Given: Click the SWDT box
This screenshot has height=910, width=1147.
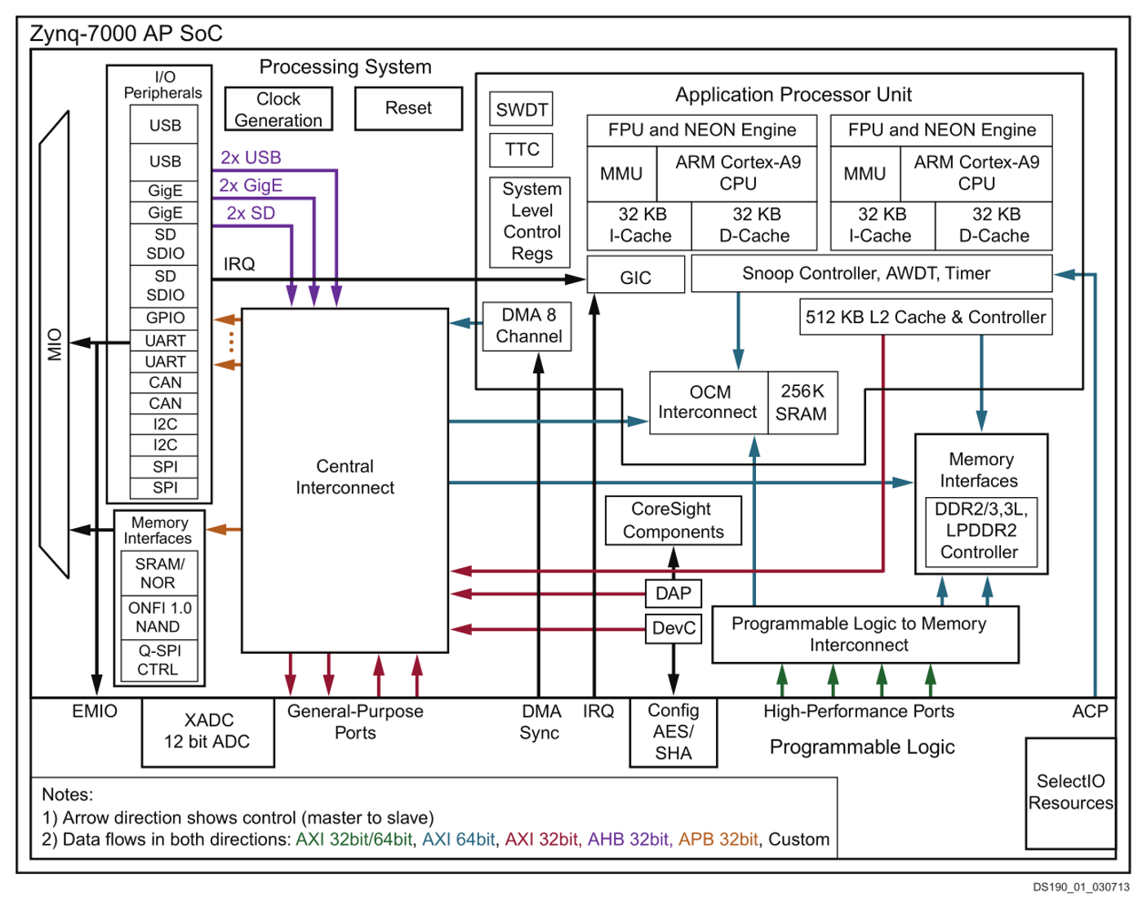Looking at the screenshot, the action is pos(521,109).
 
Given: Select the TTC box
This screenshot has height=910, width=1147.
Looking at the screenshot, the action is pos(521,149).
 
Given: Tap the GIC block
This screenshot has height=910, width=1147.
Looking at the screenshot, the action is pos(635,274).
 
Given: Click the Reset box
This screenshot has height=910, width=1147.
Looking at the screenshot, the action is pos(408,109).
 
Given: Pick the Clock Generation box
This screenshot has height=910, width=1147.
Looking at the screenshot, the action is pos(278,109).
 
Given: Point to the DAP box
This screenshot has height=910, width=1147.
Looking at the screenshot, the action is pos(674,593).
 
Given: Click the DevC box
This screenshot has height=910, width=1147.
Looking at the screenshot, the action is pos(674,628).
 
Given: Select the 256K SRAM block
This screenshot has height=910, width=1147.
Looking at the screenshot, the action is pos(802,403).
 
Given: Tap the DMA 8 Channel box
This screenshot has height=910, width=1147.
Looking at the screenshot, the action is pos(527,326).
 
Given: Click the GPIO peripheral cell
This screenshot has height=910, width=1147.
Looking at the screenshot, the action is pos(164,318).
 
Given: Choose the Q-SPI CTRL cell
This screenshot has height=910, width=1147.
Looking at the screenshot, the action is pos(159,660).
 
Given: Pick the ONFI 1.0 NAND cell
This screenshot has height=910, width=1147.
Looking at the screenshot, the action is pos(159,618).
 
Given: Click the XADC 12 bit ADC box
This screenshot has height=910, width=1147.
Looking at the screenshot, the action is pos(208,732).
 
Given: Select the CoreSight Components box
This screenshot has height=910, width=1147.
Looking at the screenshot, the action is pos(674,521).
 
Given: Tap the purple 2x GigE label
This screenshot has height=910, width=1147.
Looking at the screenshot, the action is pos(251,185).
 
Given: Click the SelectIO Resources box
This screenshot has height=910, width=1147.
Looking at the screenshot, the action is pos(1070,792).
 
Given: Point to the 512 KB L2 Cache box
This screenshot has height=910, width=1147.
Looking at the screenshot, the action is pos(926,317).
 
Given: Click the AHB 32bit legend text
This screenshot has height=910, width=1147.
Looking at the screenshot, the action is pos(628,839).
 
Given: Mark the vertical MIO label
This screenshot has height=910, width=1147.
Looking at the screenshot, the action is pos(55,344).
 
